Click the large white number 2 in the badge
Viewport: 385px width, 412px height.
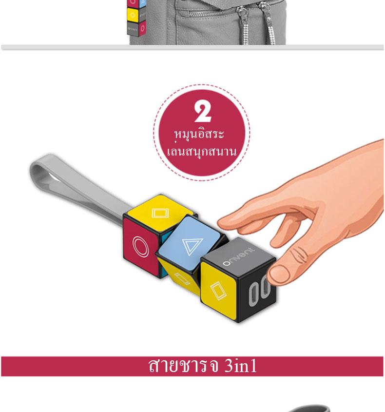pos(202,111)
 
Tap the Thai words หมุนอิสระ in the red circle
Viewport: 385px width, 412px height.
pos(199,134)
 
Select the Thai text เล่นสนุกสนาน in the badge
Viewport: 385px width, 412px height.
pos(202,152)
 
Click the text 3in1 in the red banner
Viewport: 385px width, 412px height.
pos(240,366)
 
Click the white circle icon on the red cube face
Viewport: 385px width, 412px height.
pos(141,246)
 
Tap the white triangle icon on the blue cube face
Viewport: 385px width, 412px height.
pos(192,246)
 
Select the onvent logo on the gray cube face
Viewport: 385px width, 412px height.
pos(238,256)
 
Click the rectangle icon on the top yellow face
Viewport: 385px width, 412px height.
pos(160,213)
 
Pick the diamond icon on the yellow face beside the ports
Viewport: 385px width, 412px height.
pos(218,291)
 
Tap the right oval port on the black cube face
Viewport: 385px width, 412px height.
pos(265,288)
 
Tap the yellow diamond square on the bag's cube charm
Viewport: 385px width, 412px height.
pos(133,15)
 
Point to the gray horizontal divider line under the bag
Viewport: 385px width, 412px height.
pos(192,47)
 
